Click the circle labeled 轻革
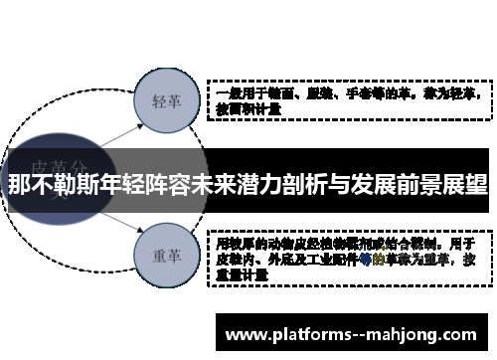tap(165, 101)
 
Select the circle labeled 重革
tap(165, 255)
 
